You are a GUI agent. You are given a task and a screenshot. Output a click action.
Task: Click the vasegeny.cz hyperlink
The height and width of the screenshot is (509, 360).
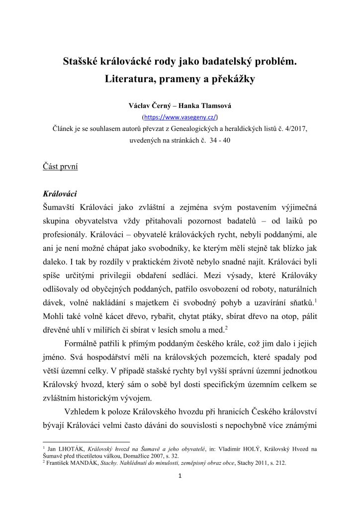point(180,118)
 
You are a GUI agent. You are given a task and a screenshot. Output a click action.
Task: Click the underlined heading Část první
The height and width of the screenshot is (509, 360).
point(60,167)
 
